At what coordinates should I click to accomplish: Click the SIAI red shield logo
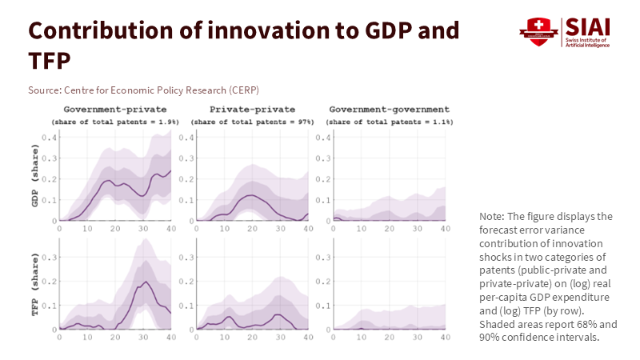[x=533, y=32]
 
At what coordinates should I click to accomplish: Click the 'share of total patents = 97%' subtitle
[x=244, y=122]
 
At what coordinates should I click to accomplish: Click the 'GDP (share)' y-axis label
[x=35, y=177]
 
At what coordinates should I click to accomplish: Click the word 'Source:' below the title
[x=45, y=89]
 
